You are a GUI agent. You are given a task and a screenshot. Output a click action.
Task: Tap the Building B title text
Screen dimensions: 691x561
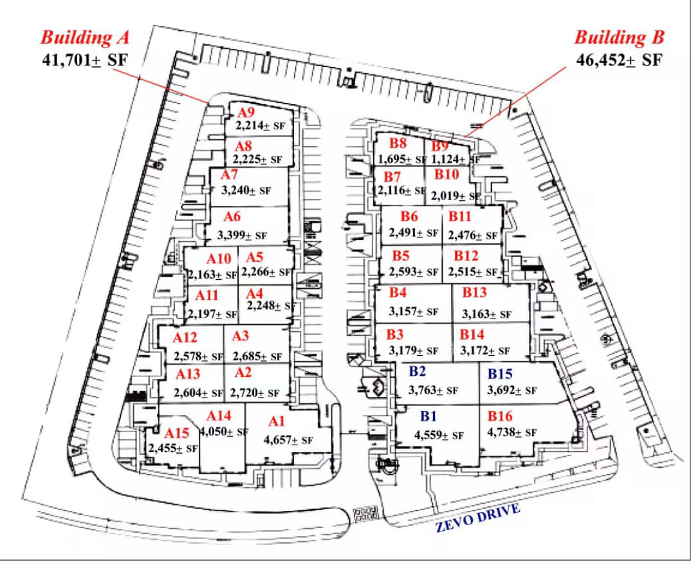pyautogui.click(x=619, y=37)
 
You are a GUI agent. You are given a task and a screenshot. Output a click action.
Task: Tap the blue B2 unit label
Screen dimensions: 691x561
pyautogui.click(x=418, y=371)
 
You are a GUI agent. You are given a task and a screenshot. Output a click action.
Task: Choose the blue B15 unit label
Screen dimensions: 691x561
pyautogui.click(x=499, y=374)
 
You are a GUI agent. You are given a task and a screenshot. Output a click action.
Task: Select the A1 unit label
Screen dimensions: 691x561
pyautogui.click(x=277, y=421)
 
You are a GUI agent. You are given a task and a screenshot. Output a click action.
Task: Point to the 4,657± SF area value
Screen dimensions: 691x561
pyautogui.click(x=288, y=441)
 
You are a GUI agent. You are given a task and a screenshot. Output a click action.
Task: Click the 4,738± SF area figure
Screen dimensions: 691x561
pyautogui.click(x=512, y=433)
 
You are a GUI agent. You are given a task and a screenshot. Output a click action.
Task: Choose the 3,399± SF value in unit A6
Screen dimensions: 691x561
pyautogui.click(x=242, y=235)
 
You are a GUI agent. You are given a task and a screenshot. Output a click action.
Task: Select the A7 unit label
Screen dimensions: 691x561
pyautogui.click(x=230, y=175)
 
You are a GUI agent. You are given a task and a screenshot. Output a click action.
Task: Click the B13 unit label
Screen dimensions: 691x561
pyautogui.click(x=474, y=293)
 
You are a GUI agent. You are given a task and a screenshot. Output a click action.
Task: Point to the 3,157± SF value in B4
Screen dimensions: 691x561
pyautogui.click(x=414, y=312)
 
